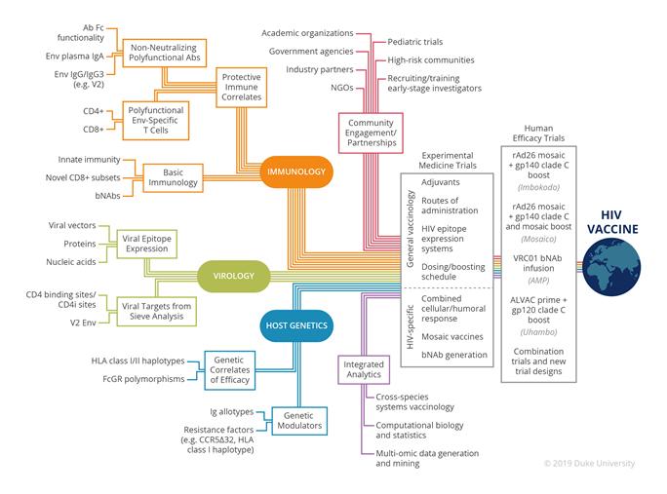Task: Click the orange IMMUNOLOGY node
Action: [295, 172]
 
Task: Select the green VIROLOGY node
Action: [234, 277]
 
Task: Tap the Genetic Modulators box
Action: [297, 420]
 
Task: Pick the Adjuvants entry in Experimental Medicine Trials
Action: [442, 182]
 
